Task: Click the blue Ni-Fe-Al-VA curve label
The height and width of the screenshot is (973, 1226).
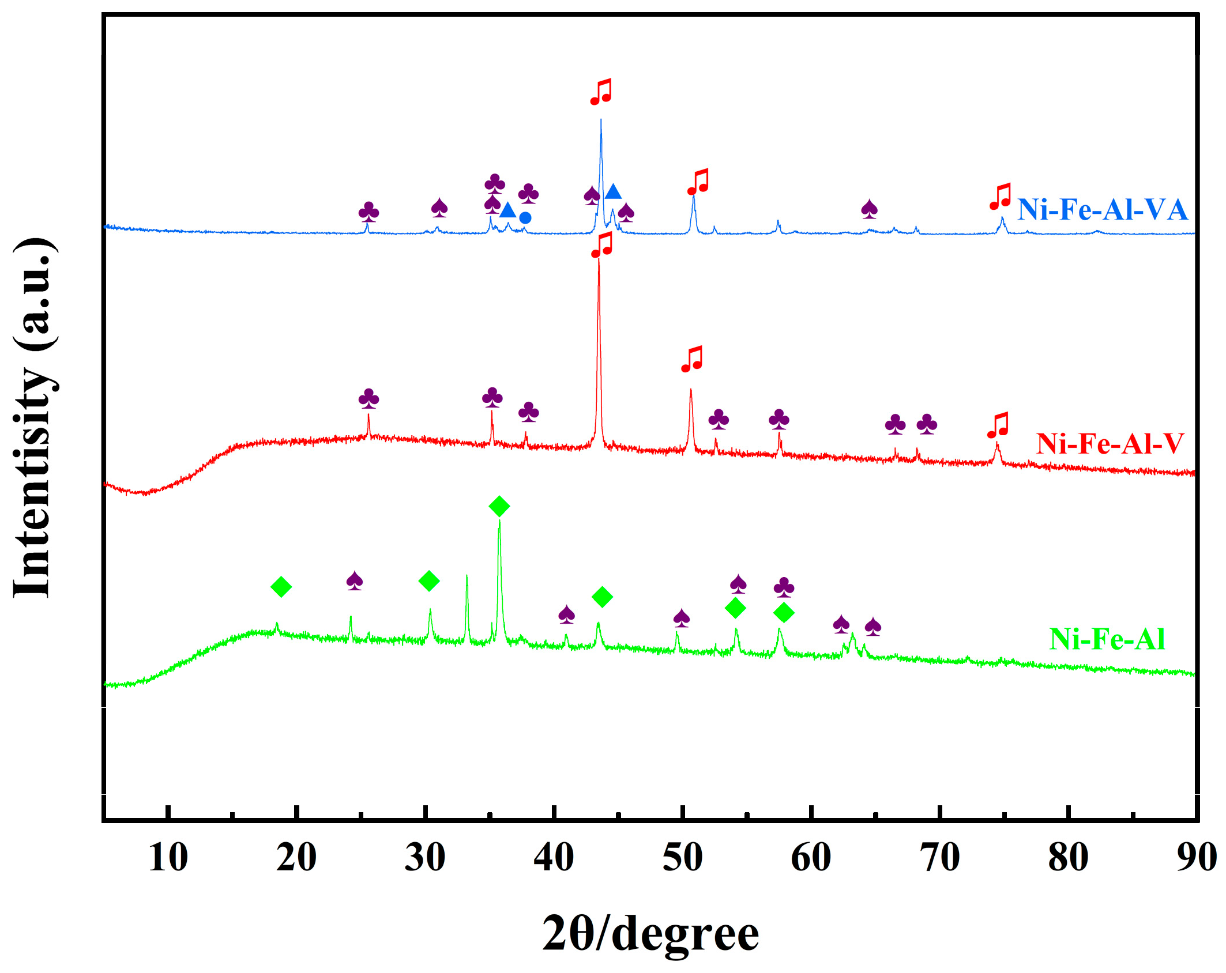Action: click(1102, 210)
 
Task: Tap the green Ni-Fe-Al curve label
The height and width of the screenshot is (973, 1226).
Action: click(1107, 639)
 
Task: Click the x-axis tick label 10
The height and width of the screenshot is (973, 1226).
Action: click(168, 857)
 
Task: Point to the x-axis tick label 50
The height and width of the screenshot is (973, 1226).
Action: click(682, 857)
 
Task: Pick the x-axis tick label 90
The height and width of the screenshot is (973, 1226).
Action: click(1196, 857)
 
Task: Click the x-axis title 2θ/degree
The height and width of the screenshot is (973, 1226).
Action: click(650, 933)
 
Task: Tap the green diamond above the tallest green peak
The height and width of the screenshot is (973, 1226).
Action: click(499, 507)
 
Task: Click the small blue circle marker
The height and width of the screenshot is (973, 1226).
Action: click(525, 218)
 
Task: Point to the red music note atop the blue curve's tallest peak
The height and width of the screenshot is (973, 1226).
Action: click(601, 92)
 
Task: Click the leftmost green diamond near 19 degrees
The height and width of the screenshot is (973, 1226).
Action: click(281, 587)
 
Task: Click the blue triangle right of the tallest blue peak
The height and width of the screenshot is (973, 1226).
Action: click(613, 192)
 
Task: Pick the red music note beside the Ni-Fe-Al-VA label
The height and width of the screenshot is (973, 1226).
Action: click(1001, 197)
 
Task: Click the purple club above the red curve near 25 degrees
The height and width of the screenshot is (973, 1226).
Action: click(369, 398)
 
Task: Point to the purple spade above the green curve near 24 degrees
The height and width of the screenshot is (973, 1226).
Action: click(355, 580)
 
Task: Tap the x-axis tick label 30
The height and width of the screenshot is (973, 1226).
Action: click(425, 857)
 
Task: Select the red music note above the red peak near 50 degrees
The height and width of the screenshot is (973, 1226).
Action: click(692, 359)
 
